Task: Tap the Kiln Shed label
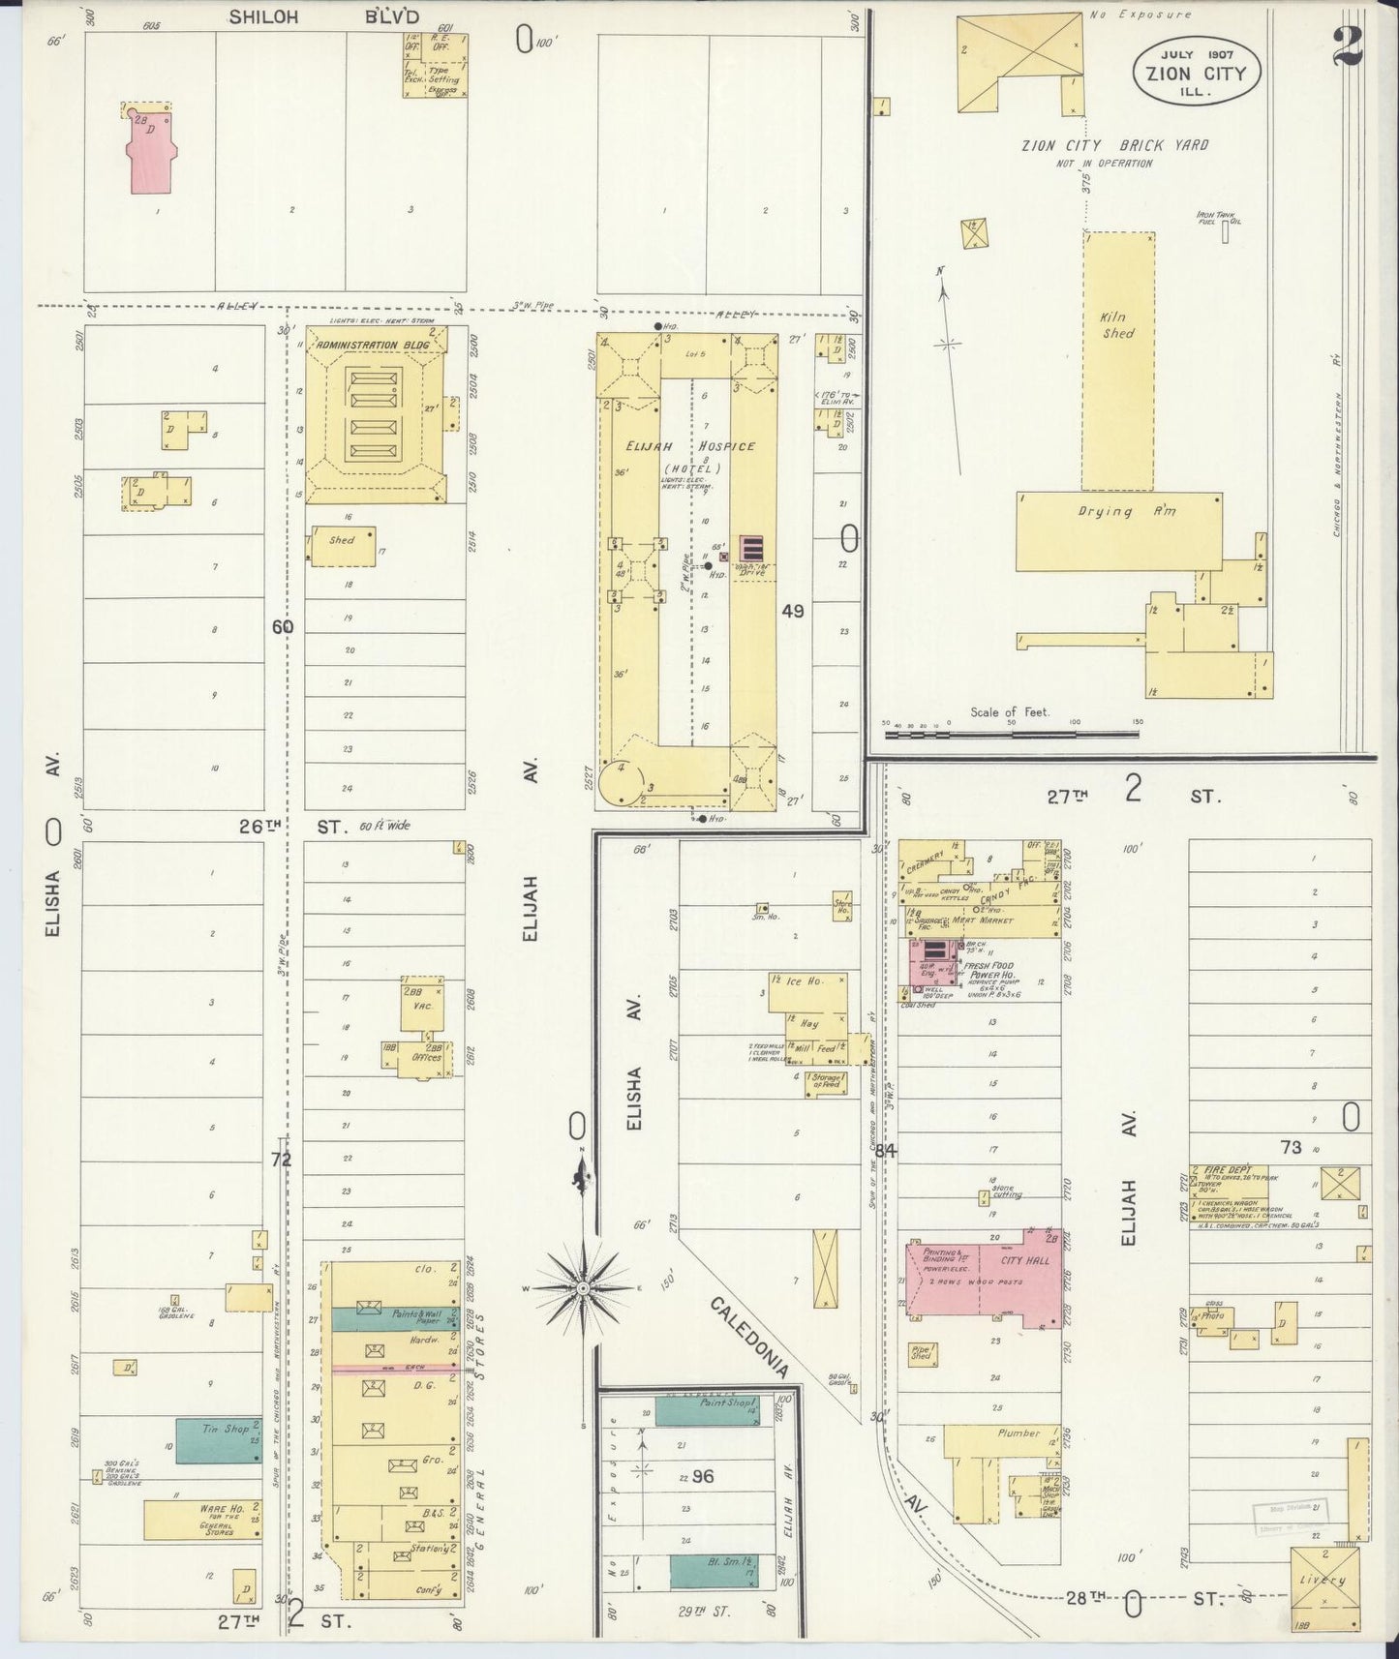click(1116, 324)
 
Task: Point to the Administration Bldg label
click(373, 346)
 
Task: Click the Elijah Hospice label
click(690, 446)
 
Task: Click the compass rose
click(584, 1288)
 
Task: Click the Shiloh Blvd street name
click(324, 16)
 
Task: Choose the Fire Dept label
click(1222, 1170)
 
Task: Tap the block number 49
click(793, 611)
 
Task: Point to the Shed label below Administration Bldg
click(342, 541)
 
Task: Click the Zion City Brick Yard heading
click(1114, 145)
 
